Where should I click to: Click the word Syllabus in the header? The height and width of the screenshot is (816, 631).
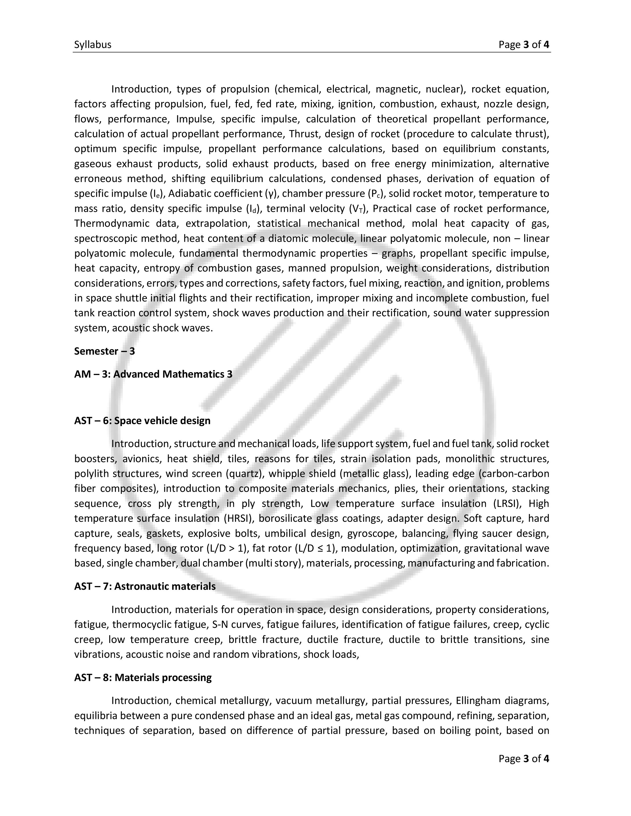click(x=93, y=45)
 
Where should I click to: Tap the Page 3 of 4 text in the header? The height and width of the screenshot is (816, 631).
click(x=524, y=45)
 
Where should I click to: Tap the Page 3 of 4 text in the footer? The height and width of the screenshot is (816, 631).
click(x=524, y=758)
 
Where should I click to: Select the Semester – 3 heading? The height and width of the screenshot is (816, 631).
click(x=104, y=351)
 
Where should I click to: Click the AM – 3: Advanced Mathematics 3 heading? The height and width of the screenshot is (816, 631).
click(x=153, y=374)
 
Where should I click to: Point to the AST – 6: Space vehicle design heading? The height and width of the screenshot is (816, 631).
click(x=142, y=421)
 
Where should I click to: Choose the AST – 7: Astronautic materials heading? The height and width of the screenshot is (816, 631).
click(x=145, y=586)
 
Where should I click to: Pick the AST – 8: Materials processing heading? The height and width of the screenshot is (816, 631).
click(x=143, y=677)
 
